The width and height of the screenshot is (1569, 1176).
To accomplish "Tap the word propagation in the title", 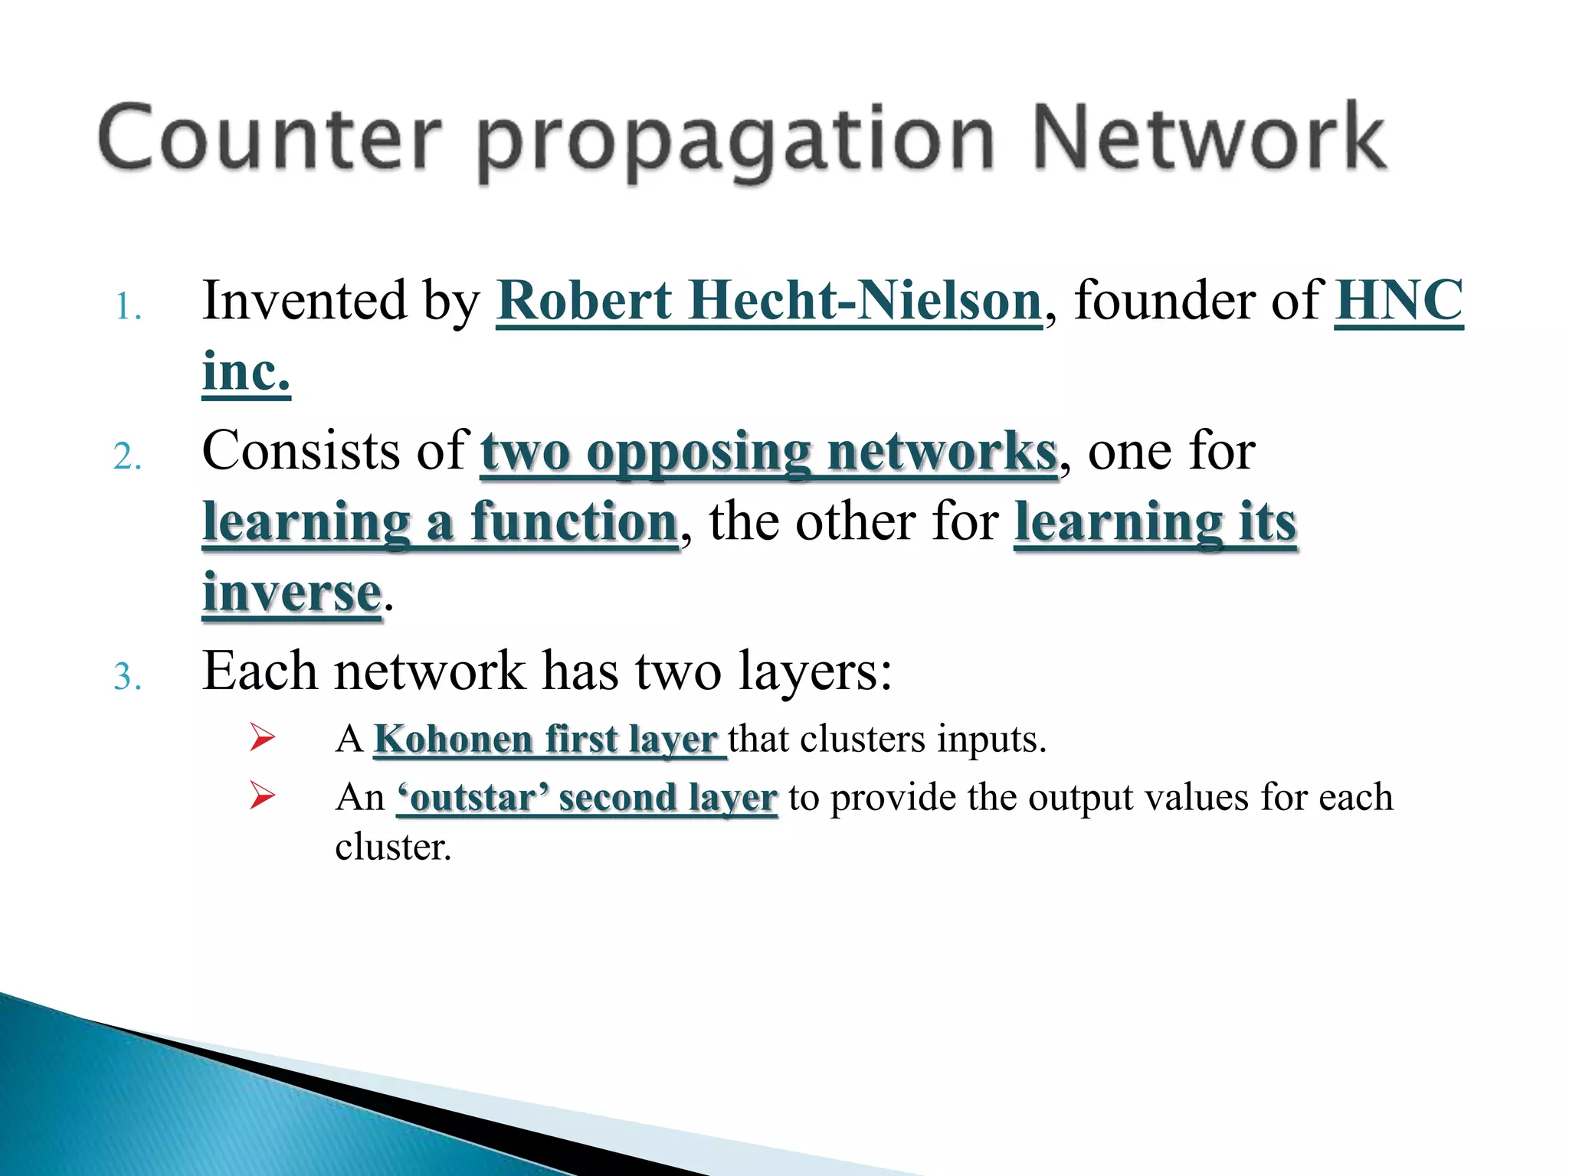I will click(735, 142).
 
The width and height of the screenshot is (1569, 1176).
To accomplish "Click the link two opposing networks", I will click(768, 451).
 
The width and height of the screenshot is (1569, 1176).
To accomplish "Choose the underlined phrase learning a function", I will click(440, 522).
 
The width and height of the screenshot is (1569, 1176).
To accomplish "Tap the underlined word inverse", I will click(291, 593).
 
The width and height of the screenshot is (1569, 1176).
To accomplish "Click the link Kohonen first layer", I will click(548, 740).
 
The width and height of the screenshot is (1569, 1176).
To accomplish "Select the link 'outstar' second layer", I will click(587, 798).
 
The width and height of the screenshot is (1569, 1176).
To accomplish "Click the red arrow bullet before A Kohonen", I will click(262, 739).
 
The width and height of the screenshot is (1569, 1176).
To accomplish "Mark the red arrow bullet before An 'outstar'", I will click(262, 796).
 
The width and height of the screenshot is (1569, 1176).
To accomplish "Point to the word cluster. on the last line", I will click(393, 848).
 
